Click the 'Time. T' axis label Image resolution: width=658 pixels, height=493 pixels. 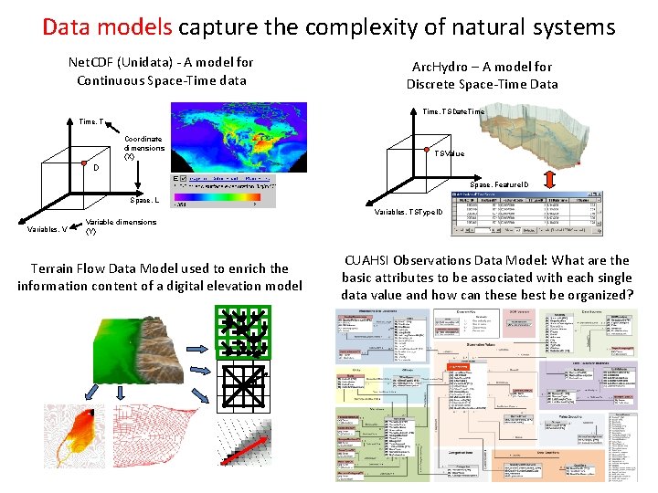coord(92,121)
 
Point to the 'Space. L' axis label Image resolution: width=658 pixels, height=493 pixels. coord(145,199)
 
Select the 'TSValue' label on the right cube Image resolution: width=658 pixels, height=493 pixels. coord(449,153)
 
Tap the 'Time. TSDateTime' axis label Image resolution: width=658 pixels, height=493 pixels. coord(454,111)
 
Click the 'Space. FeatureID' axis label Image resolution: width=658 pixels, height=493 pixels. coord(500,184)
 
